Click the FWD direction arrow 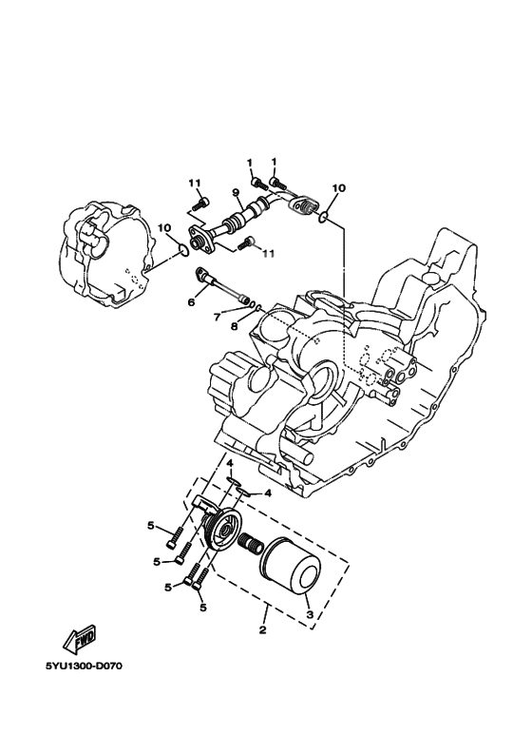(80, 639)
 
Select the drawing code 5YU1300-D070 (84, 667)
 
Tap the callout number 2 (262, 630)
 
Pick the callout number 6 (191, 302)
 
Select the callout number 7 (217, 318)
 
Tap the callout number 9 (236, 192)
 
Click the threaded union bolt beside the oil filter (250, 544)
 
